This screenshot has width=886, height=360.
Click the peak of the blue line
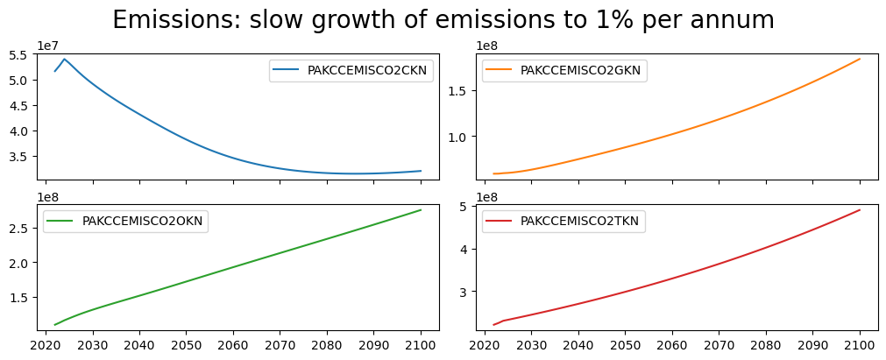64,59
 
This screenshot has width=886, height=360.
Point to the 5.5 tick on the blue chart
18,54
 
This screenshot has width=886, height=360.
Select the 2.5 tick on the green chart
18,228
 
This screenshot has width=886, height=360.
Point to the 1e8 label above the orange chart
486,46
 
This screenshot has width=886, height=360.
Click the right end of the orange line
860,59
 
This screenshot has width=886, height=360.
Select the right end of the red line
860,209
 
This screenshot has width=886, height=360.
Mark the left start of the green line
54,325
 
